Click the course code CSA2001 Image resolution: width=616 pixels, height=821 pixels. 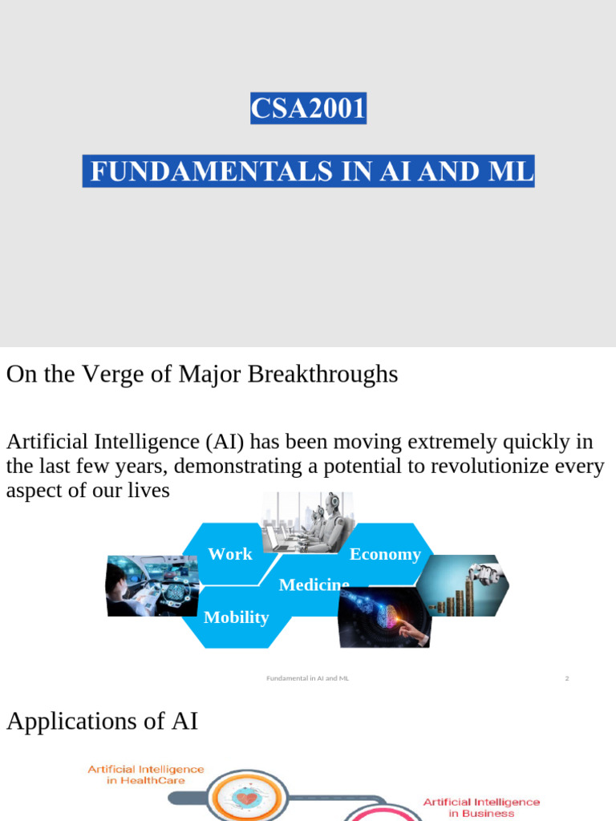(x=308, y=107)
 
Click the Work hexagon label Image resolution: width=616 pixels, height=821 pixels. (x=229, y=554)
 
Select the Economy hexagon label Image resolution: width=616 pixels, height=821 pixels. (x=385, y=555)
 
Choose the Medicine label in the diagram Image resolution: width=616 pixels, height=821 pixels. (x=314, y=585)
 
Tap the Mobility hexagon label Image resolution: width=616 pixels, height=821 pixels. (x=236, y=617)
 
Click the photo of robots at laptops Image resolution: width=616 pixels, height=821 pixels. (x=308, y=521)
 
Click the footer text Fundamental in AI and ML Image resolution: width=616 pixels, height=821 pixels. (x=307, y=678)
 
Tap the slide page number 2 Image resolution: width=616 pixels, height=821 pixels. (x=566, y=678)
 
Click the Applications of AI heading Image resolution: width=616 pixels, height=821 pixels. (x=102, y=722)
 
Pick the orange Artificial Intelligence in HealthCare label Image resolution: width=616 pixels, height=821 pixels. (x=146, y=774)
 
